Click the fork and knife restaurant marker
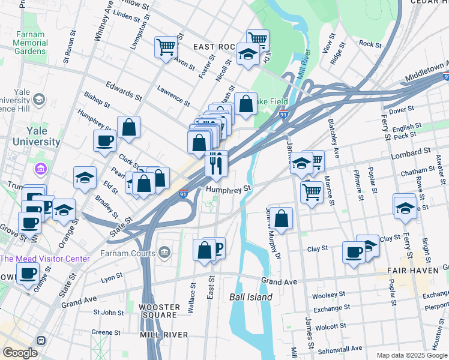pos(216,163)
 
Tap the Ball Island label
pos(251,297)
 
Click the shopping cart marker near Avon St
pos(166,47)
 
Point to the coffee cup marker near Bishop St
pos(105,142)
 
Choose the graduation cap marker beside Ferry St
pos(405,208)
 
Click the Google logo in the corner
pos(20,353)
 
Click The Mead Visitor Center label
pos(44,259)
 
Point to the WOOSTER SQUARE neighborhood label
pos(158,311)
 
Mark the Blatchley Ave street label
pos(333,138)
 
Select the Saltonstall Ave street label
pos(340,348)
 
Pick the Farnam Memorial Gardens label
pos(30,43)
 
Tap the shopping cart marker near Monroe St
pos(312,193)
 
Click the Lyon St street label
pos(112,277)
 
